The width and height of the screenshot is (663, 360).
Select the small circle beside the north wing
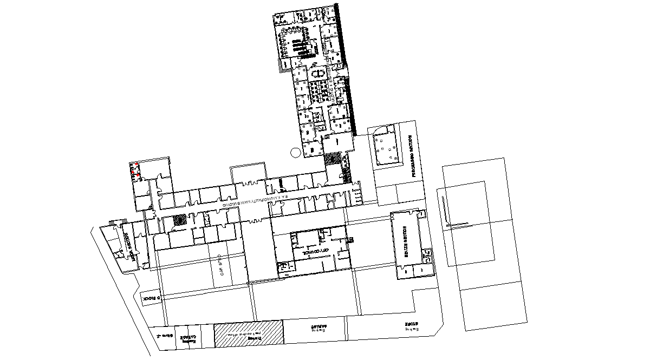[x=295, y=153]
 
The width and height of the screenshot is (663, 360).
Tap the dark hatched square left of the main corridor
[x=179, y=219]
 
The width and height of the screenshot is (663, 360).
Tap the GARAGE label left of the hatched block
[x=190, y=338]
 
